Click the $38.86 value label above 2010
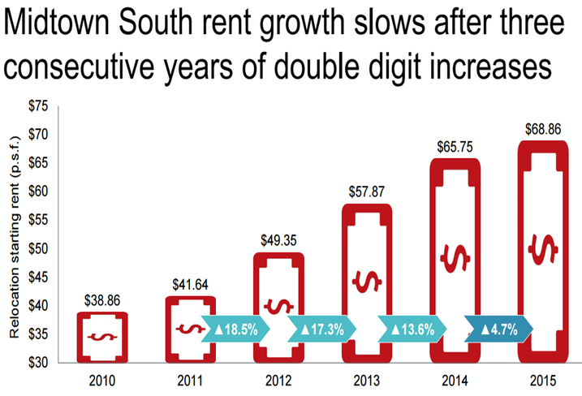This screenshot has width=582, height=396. click(x=101, y=300)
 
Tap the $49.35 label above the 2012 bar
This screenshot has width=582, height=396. click(x=280, y=241)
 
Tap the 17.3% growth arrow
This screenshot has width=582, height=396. click(x=328, y=331)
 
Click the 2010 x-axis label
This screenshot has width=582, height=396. click(x=101, y=380)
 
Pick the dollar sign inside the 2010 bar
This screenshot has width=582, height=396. click(x=101, y=336)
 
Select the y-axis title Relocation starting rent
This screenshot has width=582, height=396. click(x=15, y=236)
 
